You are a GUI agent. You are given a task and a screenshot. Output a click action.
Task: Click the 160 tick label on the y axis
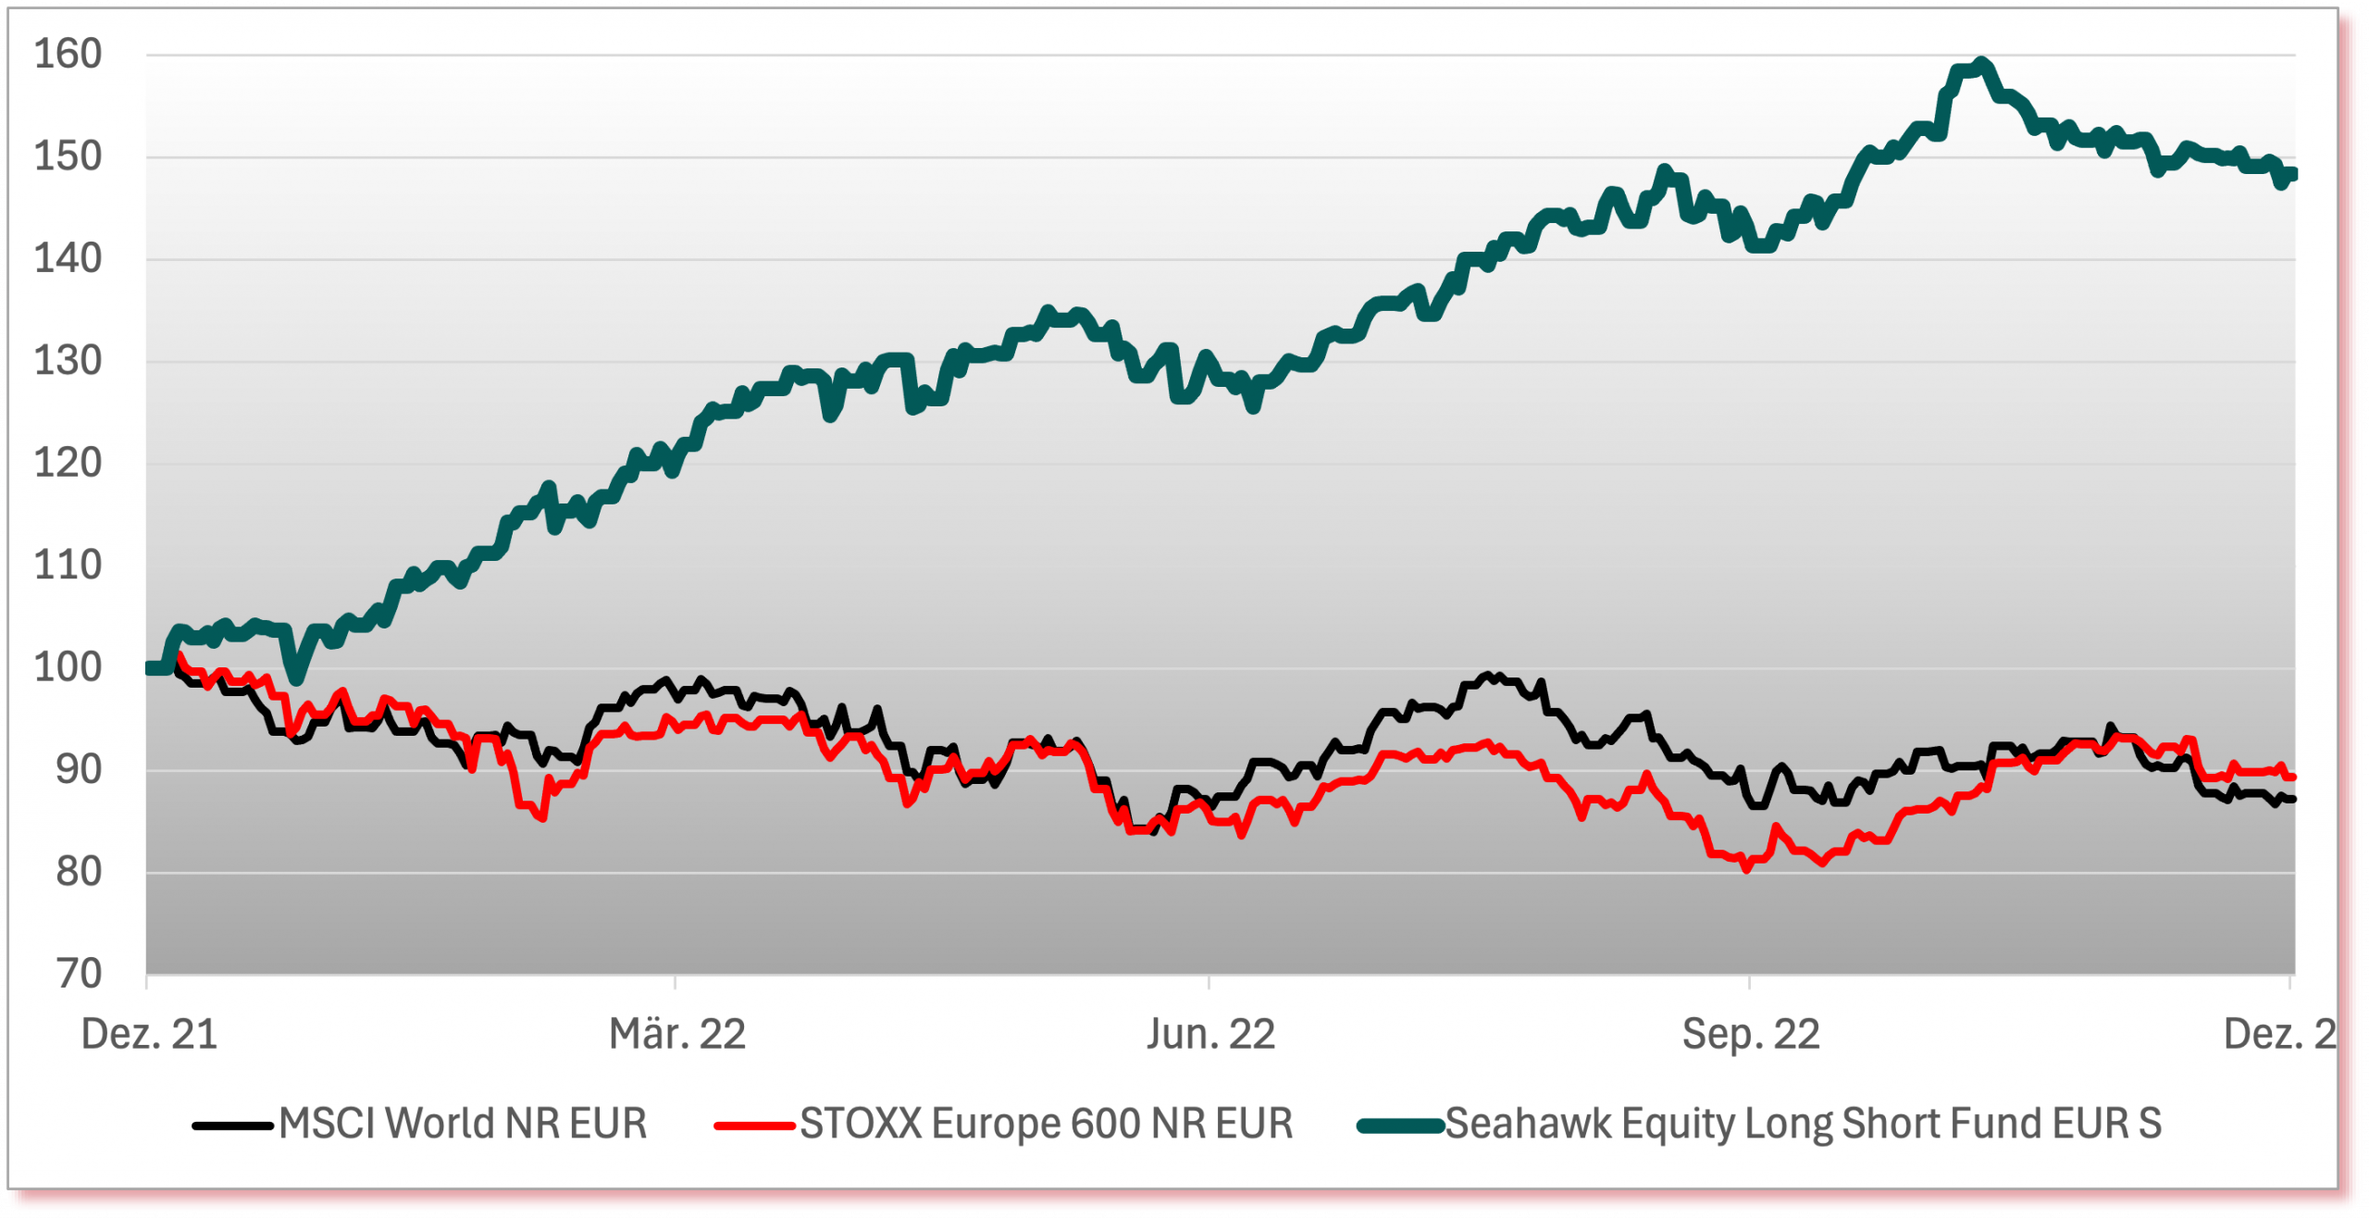[x=68, y=55]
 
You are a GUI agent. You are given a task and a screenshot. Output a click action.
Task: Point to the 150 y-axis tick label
[x=68, y=156]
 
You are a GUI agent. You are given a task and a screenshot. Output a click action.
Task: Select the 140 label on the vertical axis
[x=68, y=258]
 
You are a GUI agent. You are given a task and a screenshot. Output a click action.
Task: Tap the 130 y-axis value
[x=68, y=361]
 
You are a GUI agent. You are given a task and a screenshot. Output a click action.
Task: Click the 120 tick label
[x=68, y=463]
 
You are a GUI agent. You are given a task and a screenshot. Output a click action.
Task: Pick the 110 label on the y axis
[x=68, y=565]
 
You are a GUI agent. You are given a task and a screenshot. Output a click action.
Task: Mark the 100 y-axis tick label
[x=68, y=667]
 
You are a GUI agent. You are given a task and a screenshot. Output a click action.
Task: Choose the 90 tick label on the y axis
[x=79, y=769]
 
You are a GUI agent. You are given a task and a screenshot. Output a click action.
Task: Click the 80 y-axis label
[x=79, y=872]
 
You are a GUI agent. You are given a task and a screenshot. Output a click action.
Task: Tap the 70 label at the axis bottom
[x=79, y=974]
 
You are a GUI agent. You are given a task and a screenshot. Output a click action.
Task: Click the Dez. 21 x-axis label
[x=149, y=1034]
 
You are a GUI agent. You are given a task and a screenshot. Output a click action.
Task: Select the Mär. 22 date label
[x=677, y=1034]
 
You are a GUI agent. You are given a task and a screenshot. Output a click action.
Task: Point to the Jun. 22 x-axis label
[x=1210, y=1034]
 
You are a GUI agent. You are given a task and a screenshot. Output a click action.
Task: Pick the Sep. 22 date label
[x=1751, y=1034]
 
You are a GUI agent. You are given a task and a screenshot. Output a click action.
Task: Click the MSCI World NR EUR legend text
[x=463, y=1124]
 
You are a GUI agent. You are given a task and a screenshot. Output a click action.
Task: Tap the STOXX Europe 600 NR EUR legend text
[x=1046, y=1124]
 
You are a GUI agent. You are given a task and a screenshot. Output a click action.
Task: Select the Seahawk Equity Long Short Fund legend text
[x=1804, y=1124]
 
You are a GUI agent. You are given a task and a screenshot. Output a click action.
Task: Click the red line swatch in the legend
[x=754, y=1126]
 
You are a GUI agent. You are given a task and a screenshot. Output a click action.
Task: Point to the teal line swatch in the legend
[x=1400, y=1126]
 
